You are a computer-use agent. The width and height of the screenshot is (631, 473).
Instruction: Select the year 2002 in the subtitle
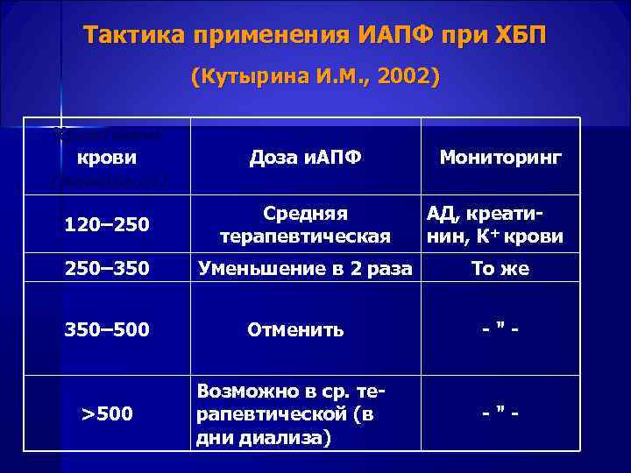(406, 76)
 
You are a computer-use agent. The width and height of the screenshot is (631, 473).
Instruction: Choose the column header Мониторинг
(500, 159)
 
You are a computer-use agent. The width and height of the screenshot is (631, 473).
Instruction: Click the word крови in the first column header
(107, 159)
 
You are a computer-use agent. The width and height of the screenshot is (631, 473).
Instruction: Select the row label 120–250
(107, 227)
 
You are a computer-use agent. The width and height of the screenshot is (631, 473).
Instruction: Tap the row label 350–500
(107, 330)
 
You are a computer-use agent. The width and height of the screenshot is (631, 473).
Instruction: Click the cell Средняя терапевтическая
(305, 225)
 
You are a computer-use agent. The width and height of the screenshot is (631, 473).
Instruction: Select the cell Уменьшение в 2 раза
(305, 269)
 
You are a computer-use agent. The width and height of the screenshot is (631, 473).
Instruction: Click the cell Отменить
(295, 330)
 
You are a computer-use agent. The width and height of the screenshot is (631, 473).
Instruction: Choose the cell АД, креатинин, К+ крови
(494, 225)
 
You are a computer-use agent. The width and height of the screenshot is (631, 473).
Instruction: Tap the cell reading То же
(500, 269)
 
